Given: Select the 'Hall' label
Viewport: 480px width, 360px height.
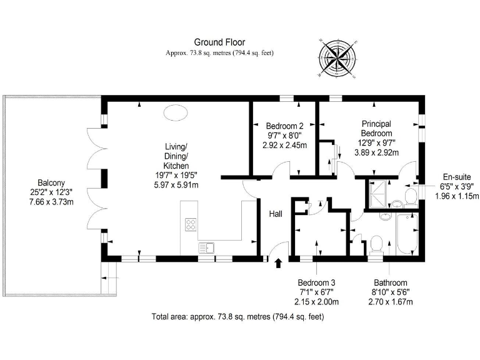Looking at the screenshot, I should coord(276,214).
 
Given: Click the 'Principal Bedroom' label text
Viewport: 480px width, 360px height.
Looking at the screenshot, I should coord(377,128).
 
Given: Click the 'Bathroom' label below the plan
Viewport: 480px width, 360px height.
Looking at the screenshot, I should coord(391,282).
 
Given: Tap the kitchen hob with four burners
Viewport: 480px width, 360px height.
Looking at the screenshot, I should coord(191,225).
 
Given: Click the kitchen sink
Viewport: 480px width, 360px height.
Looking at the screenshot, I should coord(206,248).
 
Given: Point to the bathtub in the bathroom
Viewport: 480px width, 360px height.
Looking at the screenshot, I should coord(407,234).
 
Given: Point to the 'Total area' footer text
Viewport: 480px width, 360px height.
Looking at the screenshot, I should coord(237,317).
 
